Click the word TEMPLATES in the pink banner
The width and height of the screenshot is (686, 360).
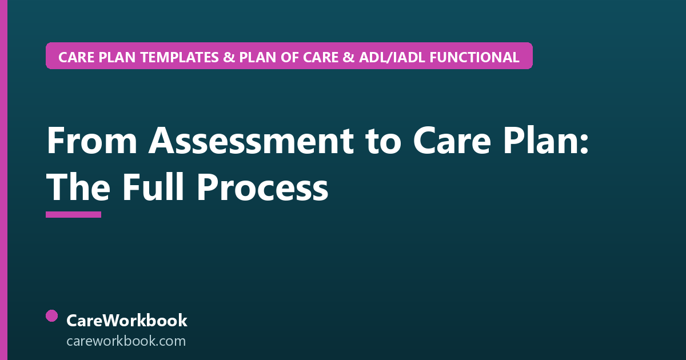click(x=179, y=57)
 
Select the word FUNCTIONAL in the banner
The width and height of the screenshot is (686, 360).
click(x=474, y=57)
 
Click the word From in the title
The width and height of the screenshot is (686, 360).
click(x=92, y=140)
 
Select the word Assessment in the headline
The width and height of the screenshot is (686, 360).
click(x=251, y=140)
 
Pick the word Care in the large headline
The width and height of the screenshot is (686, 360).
click(x=452, y=140)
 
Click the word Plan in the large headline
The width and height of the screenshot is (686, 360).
click(x=539, y=140)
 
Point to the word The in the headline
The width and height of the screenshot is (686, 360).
click(x=78, y=187)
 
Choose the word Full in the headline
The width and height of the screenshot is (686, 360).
click(x=153, y=187)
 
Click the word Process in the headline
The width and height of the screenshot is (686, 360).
click(x=262, y=187)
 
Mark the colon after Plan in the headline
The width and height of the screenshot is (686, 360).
click(x=584, y=144)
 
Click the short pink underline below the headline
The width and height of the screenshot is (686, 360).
click(x=74, y=215)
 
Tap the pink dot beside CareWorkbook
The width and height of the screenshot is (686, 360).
click(x=52, y=316)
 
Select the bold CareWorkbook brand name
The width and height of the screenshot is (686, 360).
click(x=127, y=321)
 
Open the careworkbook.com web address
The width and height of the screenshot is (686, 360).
click(x=126, y=341)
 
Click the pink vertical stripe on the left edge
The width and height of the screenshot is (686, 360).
click(x=3, y=180)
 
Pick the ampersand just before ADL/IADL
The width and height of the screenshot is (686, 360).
click(x=349, y=57)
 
